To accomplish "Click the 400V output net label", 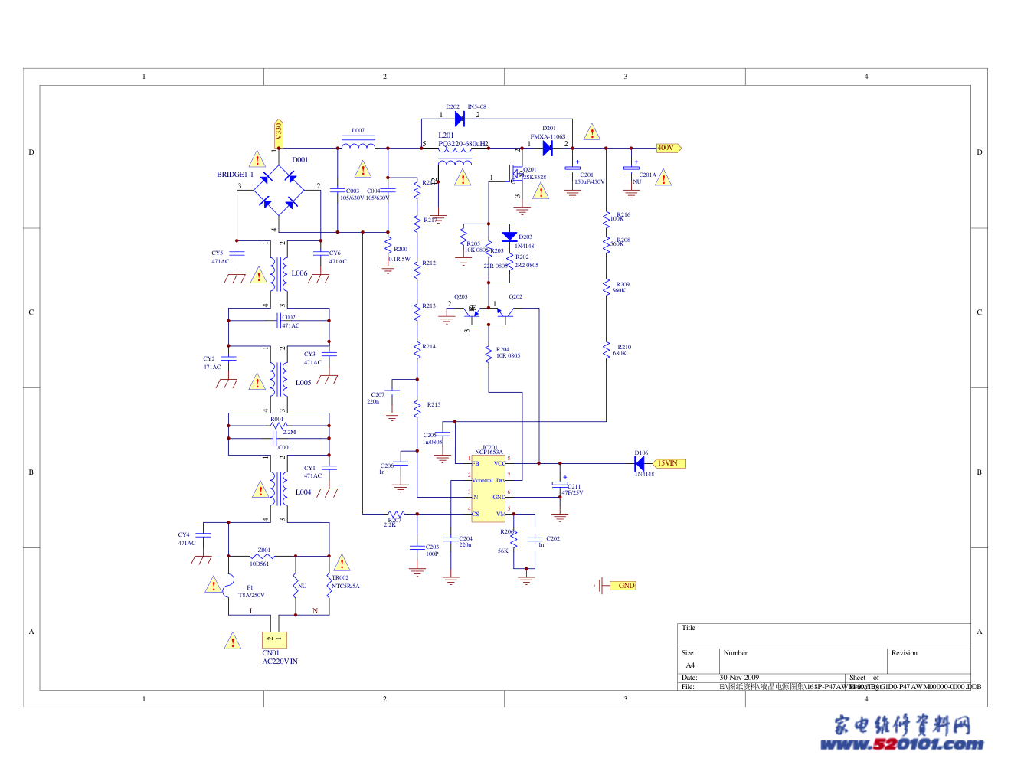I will [x=668, y=148].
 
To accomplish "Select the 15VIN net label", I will [x=669, y=463].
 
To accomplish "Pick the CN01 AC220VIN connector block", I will [x=274, y=639].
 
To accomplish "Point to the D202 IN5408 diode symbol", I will [x=460, y=119].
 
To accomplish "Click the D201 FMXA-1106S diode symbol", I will [x=548, y=148].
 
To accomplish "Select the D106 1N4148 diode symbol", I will [x=640, y=463].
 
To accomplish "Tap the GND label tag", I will [x=625, y=586].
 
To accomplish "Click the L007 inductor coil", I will [x=358, y=144].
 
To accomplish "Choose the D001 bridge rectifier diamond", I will [x=278, y=191].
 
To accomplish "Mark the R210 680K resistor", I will [x=606, y=349].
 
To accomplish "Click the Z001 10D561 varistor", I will [x=263, y=556].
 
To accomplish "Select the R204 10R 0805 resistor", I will [x=488, y=354].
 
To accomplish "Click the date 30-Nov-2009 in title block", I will [x=739, y=678].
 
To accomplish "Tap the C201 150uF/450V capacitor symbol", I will [x=572, y=170].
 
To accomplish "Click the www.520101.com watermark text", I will [x=901, y=743].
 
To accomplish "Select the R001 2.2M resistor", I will [x=278, y=425].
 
